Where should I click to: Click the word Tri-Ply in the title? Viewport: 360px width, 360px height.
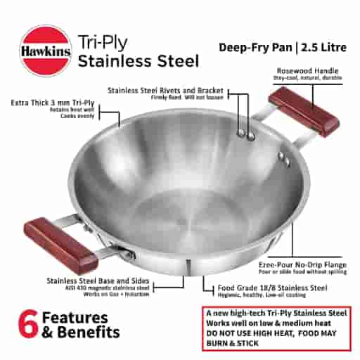(99, 40)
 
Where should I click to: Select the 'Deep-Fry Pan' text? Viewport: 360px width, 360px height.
(254, 48)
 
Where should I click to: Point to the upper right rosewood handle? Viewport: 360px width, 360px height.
(304, 111)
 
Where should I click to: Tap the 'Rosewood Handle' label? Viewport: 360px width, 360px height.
(310, 71)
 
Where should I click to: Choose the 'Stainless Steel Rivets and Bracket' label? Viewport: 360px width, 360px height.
(165, 91)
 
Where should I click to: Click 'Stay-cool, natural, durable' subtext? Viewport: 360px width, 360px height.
(310, 79)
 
